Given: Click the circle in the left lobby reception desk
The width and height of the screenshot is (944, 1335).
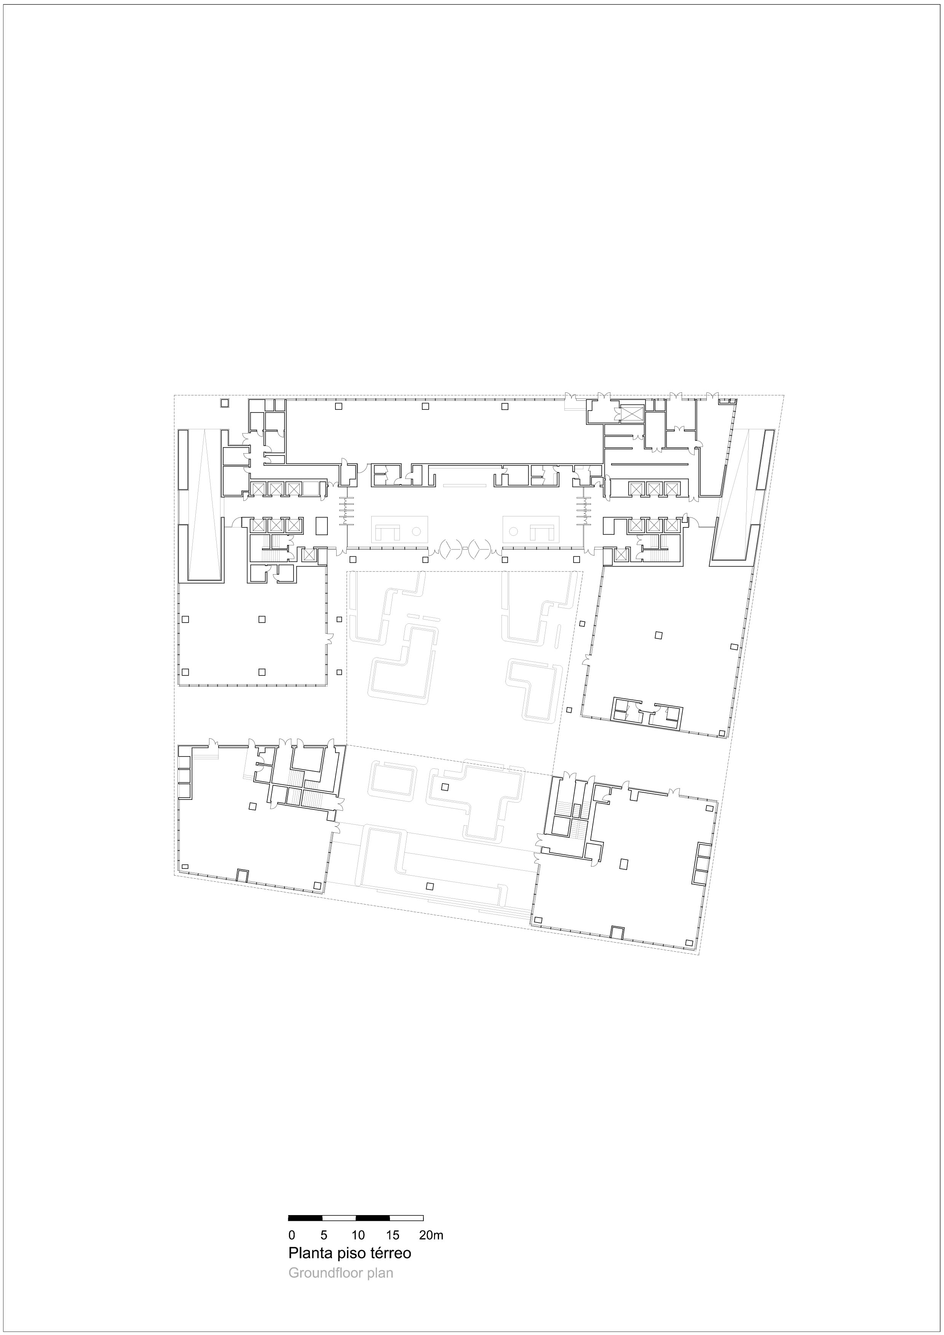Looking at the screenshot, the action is pos(417,531).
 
